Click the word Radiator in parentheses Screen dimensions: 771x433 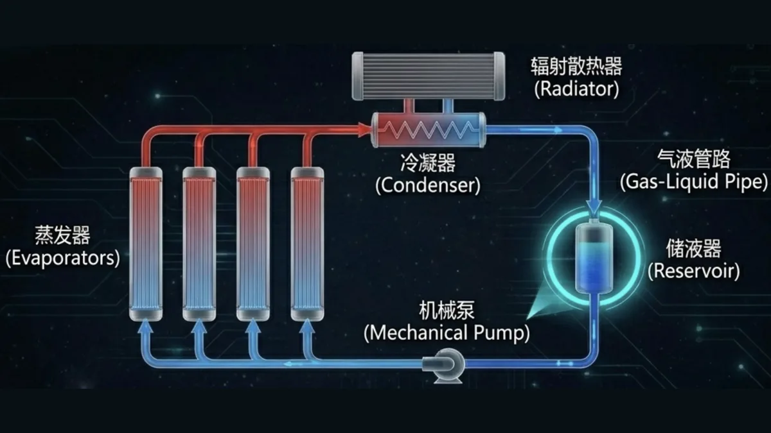[x=576, y=89]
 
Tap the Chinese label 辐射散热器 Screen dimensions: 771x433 [x=576, y=66]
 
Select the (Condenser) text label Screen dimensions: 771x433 [x=428, y=185]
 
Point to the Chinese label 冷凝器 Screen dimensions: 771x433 [x=428, y=162]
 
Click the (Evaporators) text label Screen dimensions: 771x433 [x=63, y=259]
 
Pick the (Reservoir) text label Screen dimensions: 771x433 [x=693, y=271]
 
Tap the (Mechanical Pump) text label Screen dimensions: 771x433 [x=447, y=333]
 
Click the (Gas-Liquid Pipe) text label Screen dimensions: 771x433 [x=694, y=181]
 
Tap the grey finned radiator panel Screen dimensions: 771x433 [x=429, y=76]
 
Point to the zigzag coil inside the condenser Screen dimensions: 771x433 [x=429, y=130]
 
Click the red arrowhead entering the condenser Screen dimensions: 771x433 [x=364, y=130]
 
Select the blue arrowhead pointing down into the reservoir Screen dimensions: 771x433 [x=594, y=207]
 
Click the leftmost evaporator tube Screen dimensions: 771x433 [x=146, y=244]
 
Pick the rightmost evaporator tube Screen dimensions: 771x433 [x=307, y=244]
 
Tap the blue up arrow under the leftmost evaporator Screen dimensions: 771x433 [x=146, y=326]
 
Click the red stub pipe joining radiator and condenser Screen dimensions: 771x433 [x=410, y=106]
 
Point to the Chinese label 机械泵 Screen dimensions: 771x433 [x=447, y=310]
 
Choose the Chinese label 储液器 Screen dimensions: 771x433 [x=693, y=248]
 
